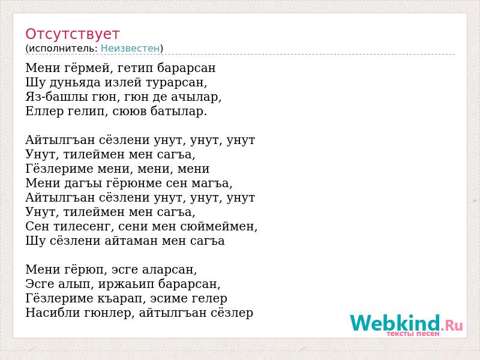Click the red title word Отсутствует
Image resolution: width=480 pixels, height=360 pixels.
click(72, 34)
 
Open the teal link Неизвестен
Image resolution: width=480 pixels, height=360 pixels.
click(130, 48)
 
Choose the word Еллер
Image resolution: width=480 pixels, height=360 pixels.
click(44, 111)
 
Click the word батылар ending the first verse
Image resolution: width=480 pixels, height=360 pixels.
click(179, 111)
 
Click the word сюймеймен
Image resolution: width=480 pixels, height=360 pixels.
click(219, 227)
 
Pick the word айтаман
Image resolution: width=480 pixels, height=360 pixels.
click(131, 241)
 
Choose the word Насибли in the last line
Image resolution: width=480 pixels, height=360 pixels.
click(53, 313)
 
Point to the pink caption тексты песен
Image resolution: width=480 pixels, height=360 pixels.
click(413, 334)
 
